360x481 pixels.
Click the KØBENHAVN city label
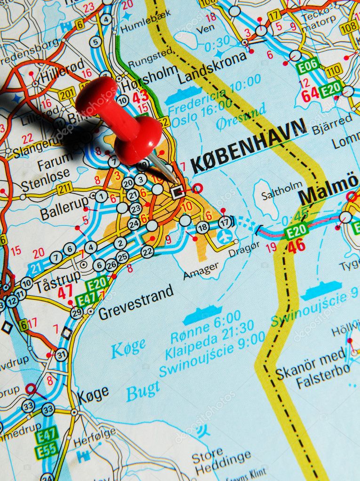pyautogui.click(x=249, y=146)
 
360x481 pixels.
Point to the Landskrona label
pyautogui.click(x=213, y=69)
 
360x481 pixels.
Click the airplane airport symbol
pyautogui.click(x=225, y=237)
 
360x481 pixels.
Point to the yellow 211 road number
pyautogui.click(x=64, y=189)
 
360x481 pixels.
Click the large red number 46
pyautogui.click(x=296, y=246)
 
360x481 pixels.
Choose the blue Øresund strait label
pyautogui.click(x=241, y=117)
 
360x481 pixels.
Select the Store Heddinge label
pyautogui.click(x=223, y=462)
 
